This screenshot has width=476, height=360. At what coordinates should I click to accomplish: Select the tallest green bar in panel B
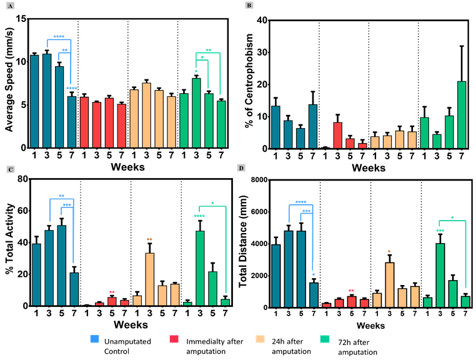click(462, 115)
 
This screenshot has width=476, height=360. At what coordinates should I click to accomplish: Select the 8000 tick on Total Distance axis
click(263, 179)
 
